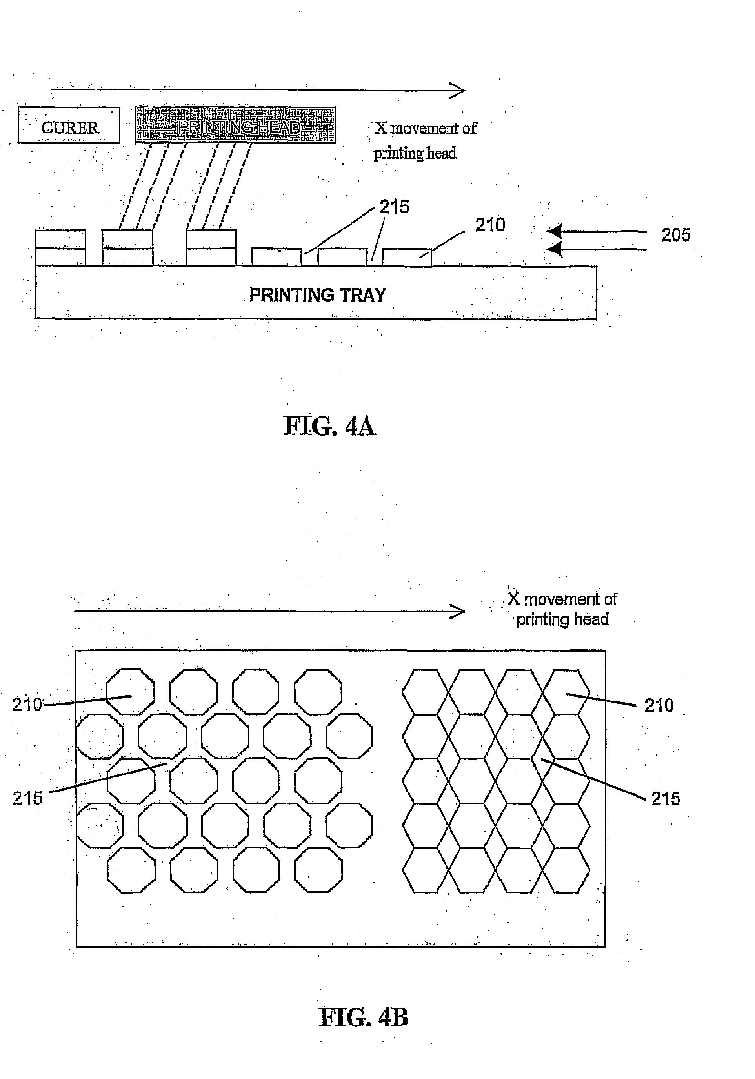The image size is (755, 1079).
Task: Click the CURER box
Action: tap(69, 125)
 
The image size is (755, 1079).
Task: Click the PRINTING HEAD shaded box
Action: tap(235, 125)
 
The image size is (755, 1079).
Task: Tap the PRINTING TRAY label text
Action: tap(317, 295)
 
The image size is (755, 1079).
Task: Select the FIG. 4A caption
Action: tap(329, 426)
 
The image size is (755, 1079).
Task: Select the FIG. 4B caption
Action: tap(364, 1017)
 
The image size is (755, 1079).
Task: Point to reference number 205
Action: tap(675, 235)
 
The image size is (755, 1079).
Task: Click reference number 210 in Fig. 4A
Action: tap(490, 225)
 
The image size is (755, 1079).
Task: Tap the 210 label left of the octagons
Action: tap(27, 705)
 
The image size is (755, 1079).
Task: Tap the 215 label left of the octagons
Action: tap(27, 798)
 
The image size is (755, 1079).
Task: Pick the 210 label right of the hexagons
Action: tap(659, 705)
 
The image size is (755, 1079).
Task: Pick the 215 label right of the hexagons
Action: tap(666, 798)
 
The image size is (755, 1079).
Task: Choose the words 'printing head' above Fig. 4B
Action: tap(562, 619)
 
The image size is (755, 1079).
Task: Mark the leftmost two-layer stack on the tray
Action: tap(61, 248)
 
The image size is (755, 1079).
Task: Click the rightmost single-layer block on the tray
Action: tap(407, 258)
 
